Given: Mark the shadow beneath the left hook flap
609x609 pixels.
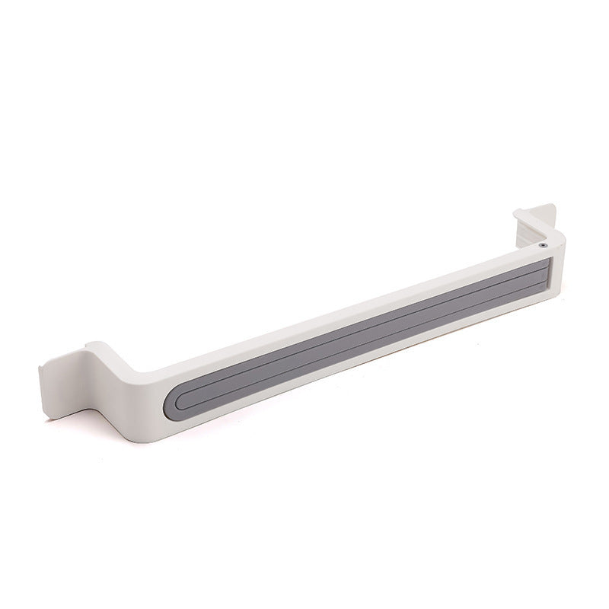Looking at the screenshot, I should coord(72,411).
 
